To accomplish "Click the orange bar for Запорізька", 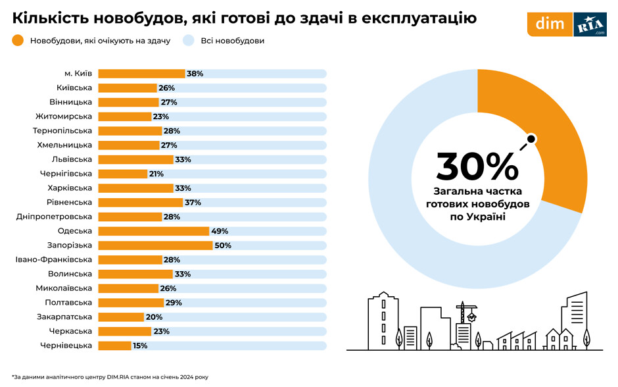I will click(x=155, y=245).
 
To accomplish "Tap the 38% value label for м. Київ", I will click(x=195, y=74).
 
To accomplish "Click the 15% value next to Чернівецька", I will click(x=139, y=346).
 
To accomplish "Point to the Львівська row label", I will click(x=72, y=159).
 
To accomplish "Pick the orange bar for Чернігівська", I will click(x=122, y=174).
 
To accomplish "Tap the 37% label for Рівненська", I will click(x=193, y=203).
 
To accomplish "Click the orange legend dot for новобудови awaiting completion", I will click(x=18, y=41).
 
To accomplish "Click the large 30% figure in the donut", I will click(x=477, y=166).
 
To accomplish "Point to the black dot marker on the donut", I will click(x=531, y=139).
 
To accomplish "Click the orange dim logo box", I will click(x=550, y=24).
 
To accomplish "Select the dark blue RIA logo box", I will click(x=590, y=25).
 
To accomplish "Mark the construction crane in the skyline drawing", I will click(x=465, y=316).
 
